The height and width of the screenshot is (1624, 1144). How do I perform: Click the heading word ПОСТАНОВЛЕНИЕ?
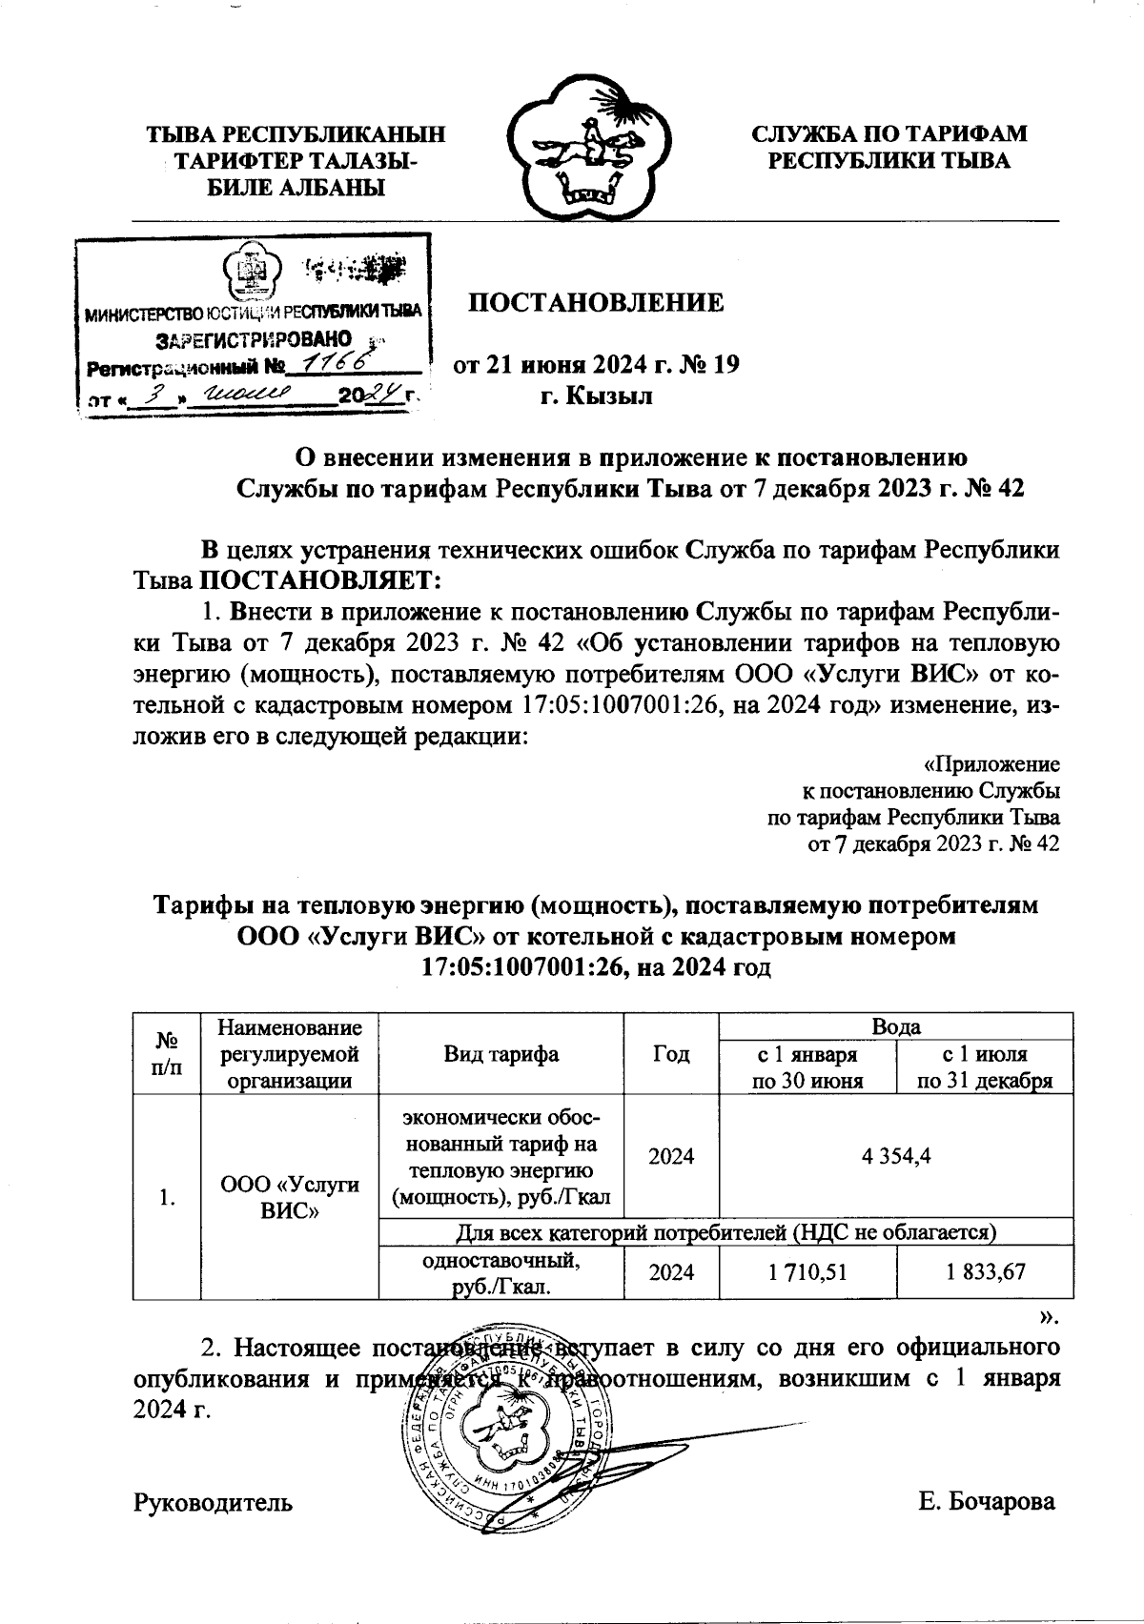pos(595,303)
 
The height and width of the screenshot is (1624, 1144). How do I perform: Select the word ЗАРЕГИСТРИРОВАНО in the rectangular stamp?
pos(254,339)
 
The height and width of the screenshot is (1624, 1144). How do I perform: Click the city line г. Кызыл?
pos(596,396)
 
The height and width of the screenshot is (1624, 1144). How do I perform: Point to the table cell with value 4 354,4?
pos(895,1156)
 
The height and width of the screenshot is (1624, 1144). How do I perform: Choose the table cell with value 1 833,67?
pos(985,1270)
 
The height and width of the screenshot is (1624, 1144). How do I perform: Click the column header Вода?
pos(896,1026)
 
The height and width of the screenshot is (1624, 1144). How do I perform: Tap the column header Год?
pos(671,1053)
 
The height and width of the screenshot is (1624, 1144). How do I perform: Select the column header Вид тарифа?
pos(500,1053)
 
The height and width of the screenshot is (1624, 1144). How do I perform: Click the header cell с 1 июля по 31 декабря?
pos(985,1067)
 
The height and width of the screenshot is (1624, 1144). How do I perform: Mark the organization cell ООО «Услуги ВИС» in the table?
pos(290,1198)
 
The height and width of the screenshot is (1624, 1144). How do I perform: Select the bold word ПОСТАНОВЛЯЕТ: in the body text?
pos(320,579)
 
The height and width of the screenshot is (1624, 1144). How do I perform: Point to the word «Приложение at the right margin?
pos(992,764)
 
